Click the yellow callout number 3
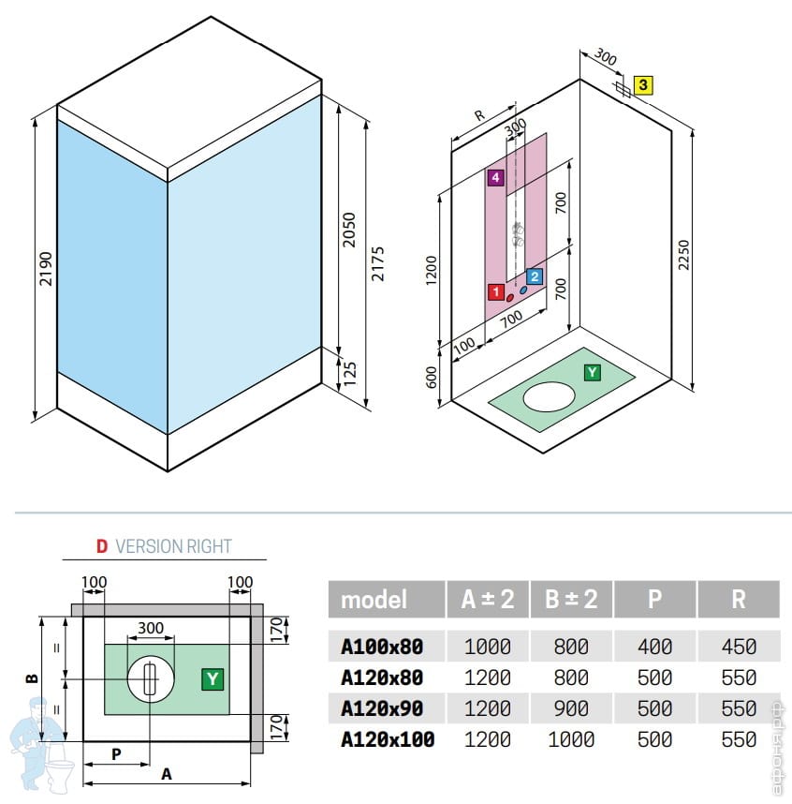pyautogui.click(x=642, y=86)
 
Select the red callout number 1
pyautogui.click(x=495, y=292)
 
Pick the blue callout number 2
pyautogui.click(x=534, y=277)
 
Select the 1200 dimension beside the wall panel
pyautogui.click(x=432, y=272)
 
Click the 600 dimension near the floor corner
pyautogui.click(x=432, y=378)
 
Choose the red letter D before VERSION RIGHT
pyautogui.click(x=102, y=546)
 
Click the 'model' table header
pyautogui.click(x=374, y=599)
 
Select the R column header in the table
pyautogui.click(x=739, y=599)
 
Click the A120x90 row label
pyautogui.click(x=381, y=708)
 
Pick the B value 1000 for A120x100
pyautogui.click(x=570, y=739)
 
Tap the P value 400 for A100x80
pyautogui.click(x=654, y=646)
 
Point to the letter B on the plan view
pyautogui.click(x=31, y=677)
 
